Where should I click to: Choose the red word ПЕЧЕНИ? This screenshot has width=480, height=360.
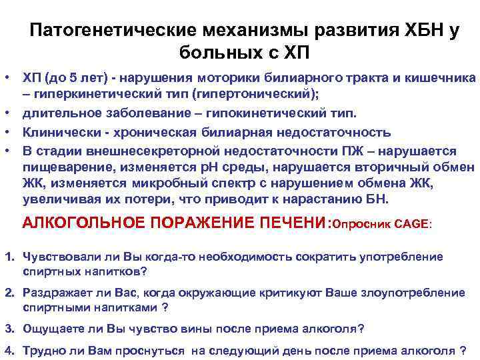click(x=284, y=223)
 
